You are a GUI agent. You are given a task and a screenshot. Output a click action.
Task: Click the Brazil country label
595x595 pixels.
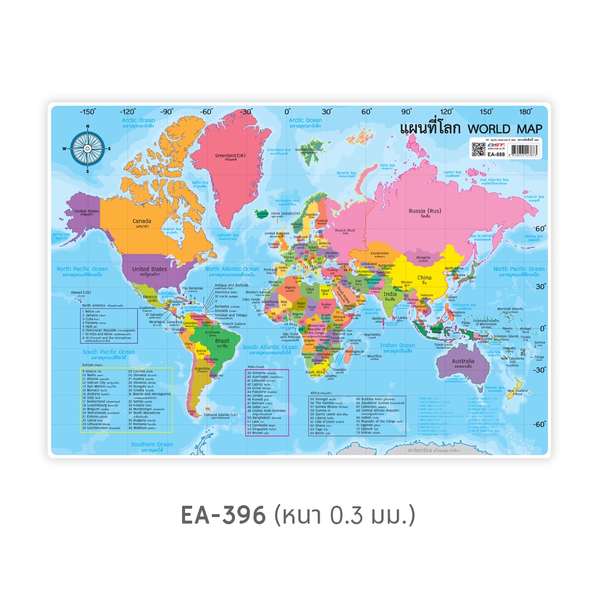click(221, 342)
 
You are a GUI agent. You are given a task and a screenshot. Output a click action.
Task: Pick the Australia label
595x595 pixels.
click(463, 361)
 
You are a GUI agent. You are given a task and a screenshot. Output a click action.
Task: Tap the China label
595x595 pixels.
click(424, 277)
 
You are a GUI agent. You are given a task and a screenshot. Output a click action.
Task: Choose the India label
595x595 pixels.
click(390, 293)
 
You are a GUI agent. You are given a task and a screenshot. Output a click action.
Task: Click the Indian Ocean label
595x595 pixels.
click(397, 345)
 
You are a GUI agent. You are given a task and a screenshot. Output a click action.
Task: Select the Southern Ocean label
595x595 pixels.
click(152, 444)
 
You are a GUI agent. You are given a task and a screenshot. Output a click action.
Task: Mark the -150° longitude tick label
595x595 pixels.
click(88, 111)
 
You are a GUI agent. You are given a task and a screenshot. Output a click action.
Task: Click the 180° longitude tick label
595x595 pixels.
click(525, 111)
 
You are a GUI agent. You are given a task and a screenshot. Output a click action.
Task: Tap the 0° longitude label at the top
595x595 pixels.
click(287, 111)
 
